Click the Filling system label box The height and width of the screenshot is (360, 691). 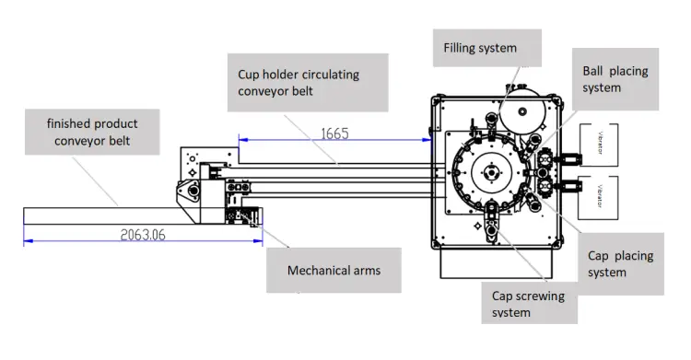coord(487,48)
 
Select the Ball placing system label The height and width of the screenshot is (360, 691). coord(615,79)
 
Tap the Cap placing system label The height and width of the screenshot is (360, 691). coord(620,263)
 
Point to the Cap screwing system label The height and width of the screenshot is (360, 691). coord(529,303)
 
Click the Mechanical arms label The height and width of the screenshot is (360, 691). coord(334,270)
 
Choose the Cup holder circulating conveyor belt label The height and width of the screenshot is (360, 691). coord(308,82)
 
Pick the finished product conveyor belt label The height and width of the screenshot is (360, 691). coord(92,132)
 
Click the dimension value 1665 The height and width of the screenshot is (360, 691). coord(334,134)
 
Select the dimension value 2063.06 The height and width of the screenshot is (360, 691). coord(143,235)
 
